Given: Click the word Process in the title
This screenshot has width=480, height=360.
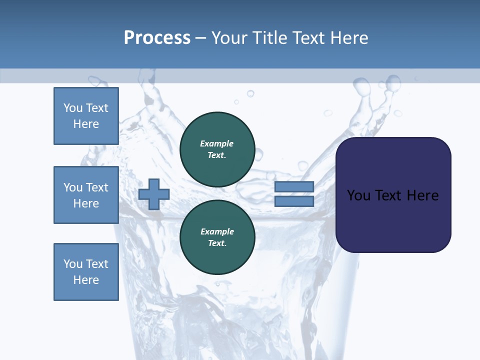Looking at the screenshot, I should coord(157,38).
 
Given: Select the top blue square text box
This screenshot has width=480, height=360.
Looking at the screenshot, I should coord(86,116).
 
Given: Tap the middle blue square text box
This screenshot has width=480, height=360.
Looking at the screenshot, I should coord(86,195).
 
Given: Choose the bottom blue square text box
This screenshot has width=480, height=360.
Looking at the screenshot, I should coord(86,272).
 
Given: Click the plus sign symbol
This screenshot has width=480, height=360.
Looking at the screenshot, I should coord(154,194).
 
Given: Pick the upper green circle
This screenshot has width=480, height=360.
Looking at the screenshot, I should coord(217,149).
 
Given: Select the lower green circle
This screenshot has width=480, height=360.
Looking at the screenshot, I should coord(217,237).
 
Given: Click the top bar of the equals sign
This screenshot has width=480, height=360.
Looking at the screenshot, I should coord(294,187).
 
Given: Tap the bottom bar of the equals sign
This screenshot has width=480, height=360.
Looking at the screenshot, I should coord(294,201).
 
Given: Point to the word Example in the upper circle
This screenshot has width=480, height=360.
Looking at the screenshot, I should coord(217,143).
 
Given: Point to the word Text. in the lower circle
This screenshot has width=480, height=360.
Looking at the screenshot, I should coord(217,243).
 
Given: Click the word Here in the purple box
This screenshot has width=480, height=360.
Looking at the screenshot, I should coord(422,195).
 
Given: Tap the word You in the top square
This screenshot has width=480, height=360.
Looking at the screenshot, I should coord(73,108).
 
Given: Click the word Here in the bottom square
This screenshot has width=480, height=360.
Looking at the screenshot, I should coord(86,280).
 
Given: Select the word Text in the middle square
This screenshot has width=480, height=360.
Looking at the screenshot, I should coord(97,187).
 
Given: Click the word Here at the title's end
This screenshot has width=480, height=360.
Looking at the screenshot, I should coord(348,38).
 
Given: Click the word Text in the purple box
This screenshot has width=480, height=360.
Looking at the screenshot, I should coord(388,195).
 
